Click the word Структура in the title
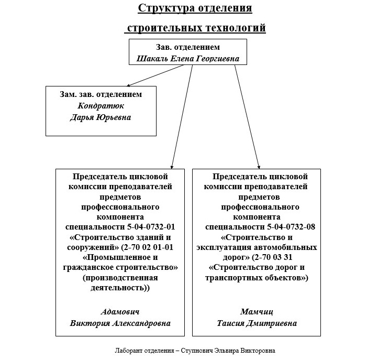pyautogui.click(x=166, y=8)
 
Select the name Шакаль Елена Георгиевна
pyautogui.click(x=188, y=59)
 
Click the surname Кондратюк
pyautogui.click(x=101, y=106)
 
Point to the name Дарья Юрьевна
pyautogui.click(x=101, y=117)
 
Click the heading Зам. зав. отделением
pyautogui.click(x=101, y=94)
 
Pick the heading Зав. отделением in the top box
pyautogui.click(x=188, y=47)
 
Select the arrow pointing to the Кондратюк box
pyautogui.click(x=155, y=75)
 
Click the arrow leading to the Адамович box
pyautogui.click(x=182, y=117)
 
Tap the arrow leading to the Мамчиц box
pyautogui.click(x=247, y=117)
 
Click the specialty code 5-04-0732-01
pyautogui.click(x=151, y=227)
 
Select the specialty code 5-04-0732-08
pyautogui.click(x=291, y=227)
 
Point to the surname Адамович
pyautogui.click(x=120, y=312)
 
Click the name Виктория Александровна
pyautogui.click(x=120, y=323)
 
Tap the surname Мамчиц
pyautogui.click(x=257, y=312)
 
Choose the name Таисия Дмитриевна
pyautogui.click(x=257, y=323)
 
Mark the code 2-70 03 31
pyautogui.click(x=273, y=257)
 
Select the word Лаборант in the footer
pyautogui.click(x=128, y=351)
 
